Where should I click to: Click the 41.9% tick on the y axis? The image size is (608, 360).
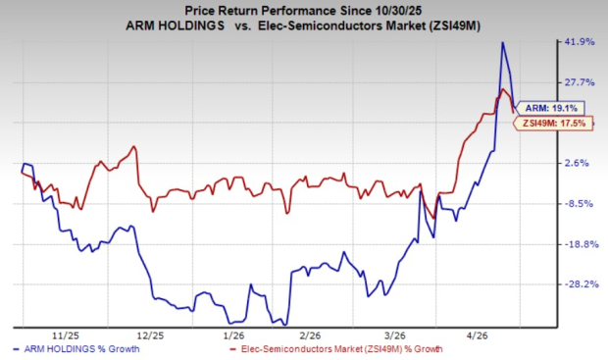coord(577,42)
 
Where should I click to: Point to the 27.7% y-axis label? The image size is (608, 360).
coord(577,82)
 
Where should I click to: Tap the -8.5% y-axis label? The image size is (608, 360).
coord(579,204)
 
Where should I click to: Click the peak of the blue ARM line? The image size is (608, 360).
coord(503,42)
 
